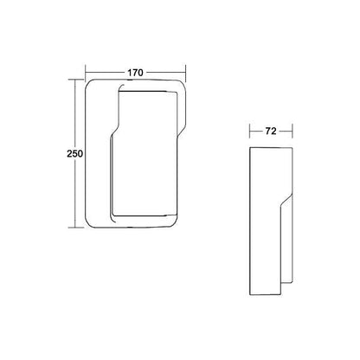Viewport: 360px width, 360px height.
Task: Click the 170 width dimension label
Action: tap(135, 73)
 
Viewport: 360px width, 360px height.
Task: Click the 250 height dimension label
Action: tap(75, 153)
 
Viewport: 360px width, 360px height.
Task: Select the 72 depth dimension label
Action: tap(271, 132)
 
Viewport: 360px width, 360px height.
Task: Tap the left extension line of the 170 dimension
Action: tap(86, 72)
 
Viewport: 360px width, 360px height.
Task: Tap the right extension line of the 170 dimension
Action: tap(185, 74)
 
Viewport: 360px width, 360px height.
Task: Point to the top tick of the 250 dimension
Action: tap(75, 80)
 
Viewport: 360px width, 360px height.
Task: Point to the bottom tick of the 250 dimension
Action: tap(76, 228)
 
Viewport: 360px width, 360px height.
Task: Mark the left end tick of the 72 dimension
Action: tap(250, 132)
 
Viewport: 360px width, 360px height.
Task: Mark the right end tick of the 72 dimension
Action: tap(292, 132)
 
